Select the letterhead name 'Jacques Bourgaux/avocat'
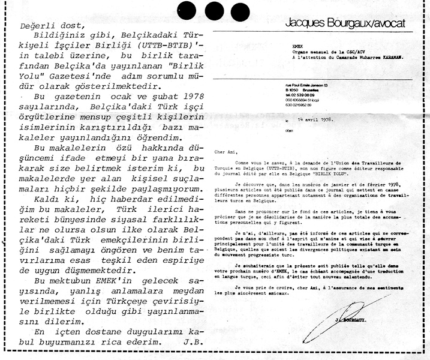[345, 23]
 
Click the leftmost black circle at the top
[188, 11]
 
